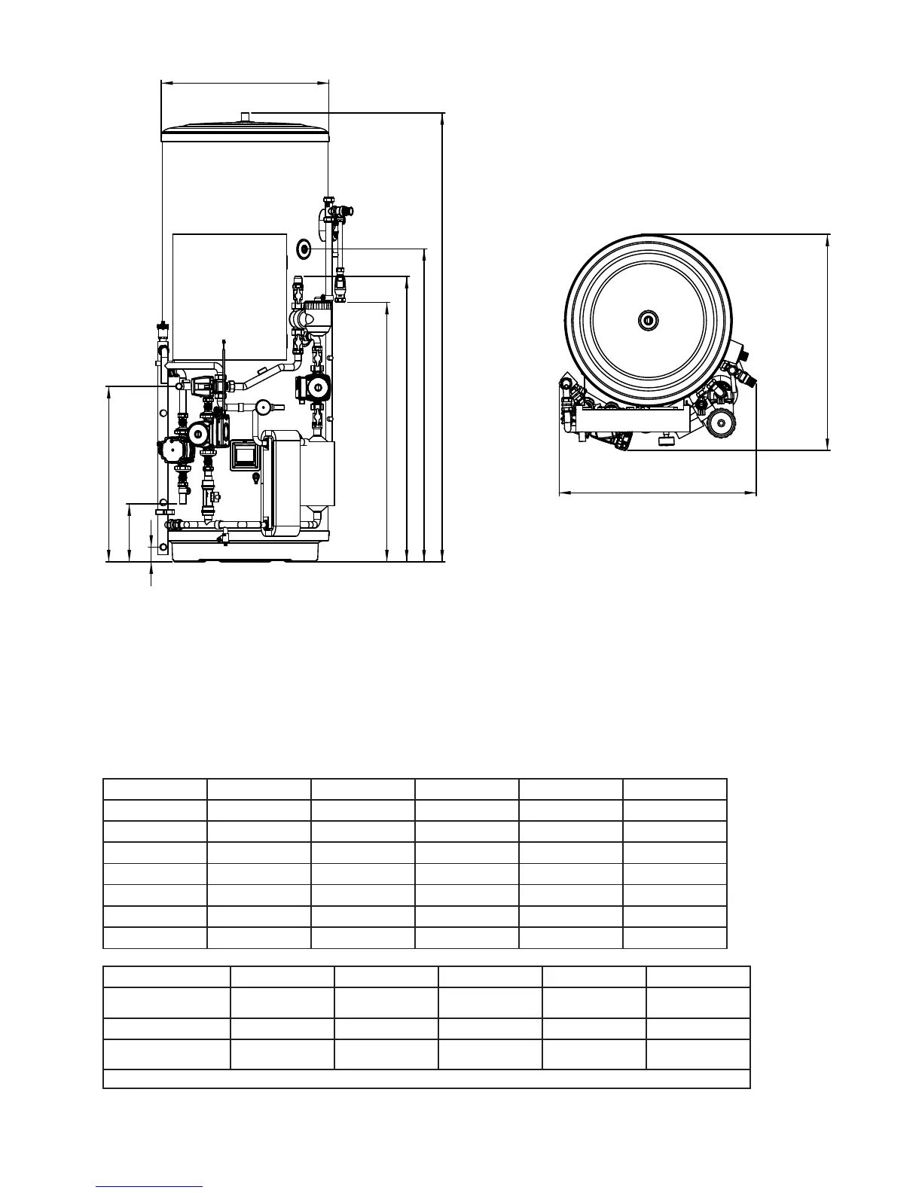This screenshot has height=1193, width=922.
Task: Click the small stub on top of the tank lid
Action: (246, 116)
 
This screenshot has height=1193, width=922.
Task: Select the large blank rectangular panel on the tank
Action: (230, 294)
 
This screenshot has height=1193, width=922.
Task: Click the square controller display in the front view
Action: (243, 455)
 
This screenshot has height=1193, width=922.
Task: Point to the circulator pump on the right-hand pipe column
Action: (315, 388)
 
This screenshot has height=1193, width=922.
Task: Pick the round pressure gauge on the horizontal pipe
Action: (263, 407)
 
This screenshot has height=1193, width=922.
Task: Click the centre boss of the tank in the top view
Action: (648, 320)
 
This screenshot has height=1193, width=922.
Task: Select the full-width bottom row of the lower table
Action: (426, 1079)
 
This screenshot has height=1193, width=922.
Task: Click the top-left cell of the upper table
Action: (155, 789)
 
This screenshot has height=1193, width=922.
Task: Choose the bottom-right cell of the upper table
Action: (675, 938)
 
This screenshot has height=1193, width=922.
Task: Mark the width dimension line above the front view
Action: (246, 83)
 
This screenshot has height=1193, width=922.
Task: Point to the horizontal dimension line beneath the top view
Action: (657, 493)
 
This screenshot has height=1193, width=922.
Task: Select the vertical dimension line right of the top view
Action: (828, 343)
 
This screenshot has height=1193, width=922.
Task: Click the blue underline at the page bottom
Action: (149, 1186)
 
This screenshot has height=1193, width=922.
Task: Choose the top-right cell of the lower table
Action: (698, 977)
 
